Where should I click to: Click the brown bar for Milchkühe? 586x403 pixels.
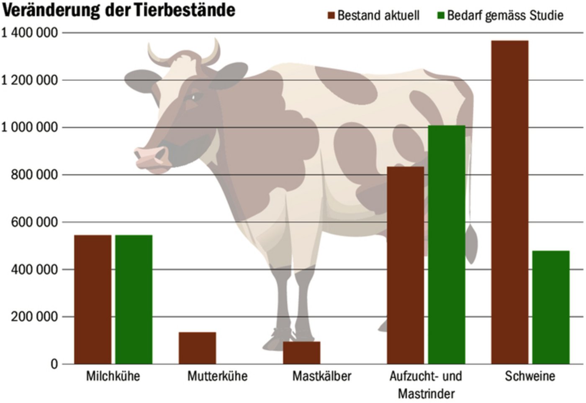click(x=93, y=299)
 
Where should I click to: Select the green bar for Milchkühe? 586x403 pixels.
click(x=134, y=299)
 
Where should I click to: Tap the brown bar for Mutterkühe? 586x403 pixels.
click(x=197, y=348)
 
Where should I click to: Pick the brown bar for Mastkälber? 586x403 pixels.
click(x=301, y=352)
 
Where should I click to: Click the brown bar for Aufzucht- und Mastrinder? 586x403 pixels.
click(x=405, y=265)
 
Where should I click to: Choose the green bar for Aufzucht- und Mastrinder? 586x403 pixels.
click(x=447, y=244)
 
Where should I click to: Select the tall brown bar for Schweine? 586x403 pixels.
click(x=509, y=202)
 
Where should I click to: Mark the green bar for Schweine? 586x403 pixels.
click(x=551, y=307)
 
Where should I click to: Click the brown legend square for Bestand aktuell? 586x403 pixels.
click(x=332, y=16)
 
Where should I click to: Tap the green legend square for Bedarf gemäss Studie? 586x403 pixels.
click(x=440, y=16)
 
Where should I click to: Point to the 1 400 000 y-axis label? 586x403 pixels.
click(x=29, y=32)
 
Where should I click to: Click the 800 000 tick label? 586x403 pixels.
click(x=34, y=175)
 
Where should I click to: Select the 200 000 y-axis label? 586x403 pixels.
click(x=34, y=317)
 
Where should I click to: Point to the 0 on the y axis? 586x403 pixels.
click(x=54, y=364)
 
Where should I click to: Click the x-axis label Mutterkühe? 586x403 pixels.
click(x=217, y=376)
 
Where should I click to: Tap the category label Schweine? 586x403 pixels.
click(x=530, y=376)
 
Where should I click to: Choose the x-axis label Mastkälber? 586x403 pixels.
click(x=321, y=376)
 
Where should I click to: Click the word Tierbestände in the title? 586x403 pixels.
click(x=185, y=10)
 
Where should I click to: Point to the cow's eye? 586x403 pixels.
click(x=195, y=97)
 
